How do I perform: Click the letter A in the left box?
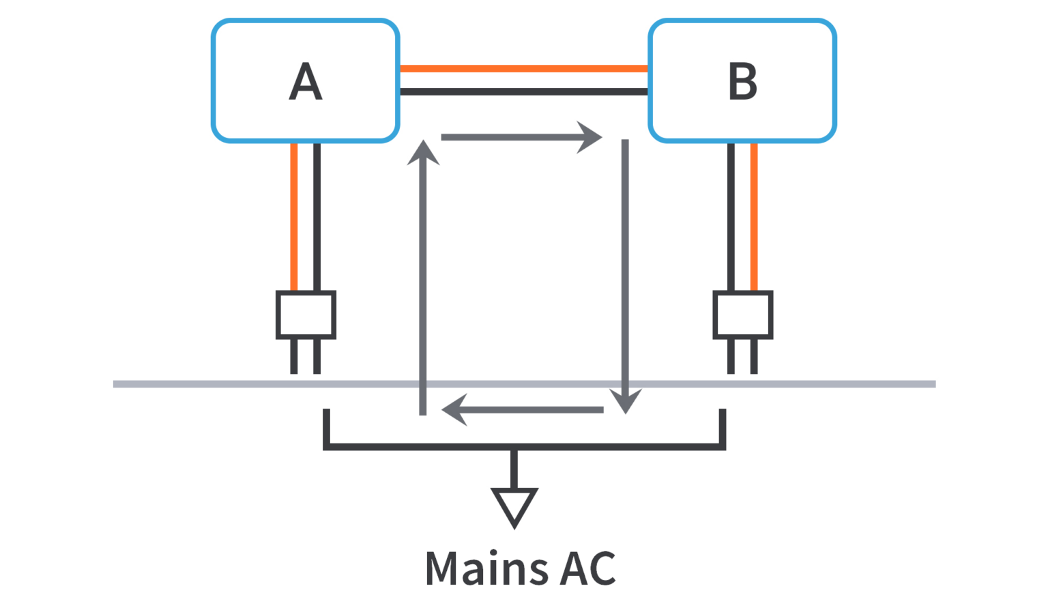tap(306, 81)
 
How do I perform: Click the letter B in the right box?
tap(742, 81)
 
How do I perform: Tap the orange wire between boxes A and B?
tap(523, 68)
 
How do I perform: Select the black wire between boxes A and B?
tap(523, 91)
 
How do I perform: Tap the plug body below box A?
tap(306, 315)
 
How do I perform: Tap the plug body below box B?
tap(743, 315)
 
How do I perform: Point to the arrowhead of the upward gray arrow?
tap(423, 153)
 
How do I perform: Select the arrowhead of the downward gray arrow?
tap(625, 401)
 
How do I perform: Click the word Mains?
tap(486, 568)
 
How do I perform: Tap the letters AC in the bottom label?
tap(587, 568)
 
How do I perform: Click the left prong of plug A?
tap(294, 356)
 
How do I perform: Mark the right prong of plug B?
tap(754, 356)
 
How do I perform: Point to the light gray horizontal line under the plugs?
tap(205, 384)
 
